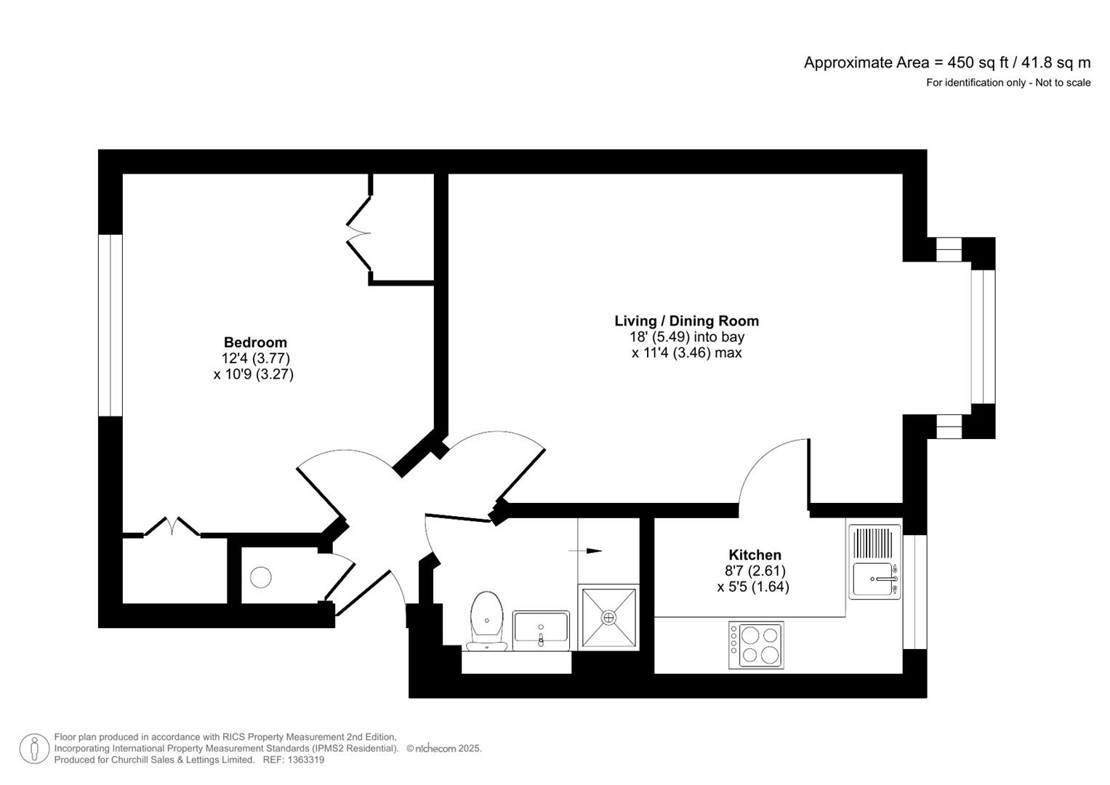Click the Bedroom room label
255,342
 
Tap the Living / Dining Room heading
686,321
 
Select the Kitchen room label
755,555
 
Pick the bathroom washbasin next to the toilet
541,628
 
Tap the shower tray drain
608,617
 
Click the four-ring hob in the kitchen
756,645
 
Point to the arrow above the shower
592,551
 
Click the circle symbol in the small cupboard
261,577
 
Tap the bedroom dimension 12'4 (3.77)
255,358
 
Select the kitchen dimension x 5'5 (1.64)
753,587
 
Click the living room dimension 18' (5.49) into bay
686,337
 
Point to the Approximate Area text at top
946,63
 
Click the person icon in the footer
34,749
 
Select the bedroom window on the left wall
110,325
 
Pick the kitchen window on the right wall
914,591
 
